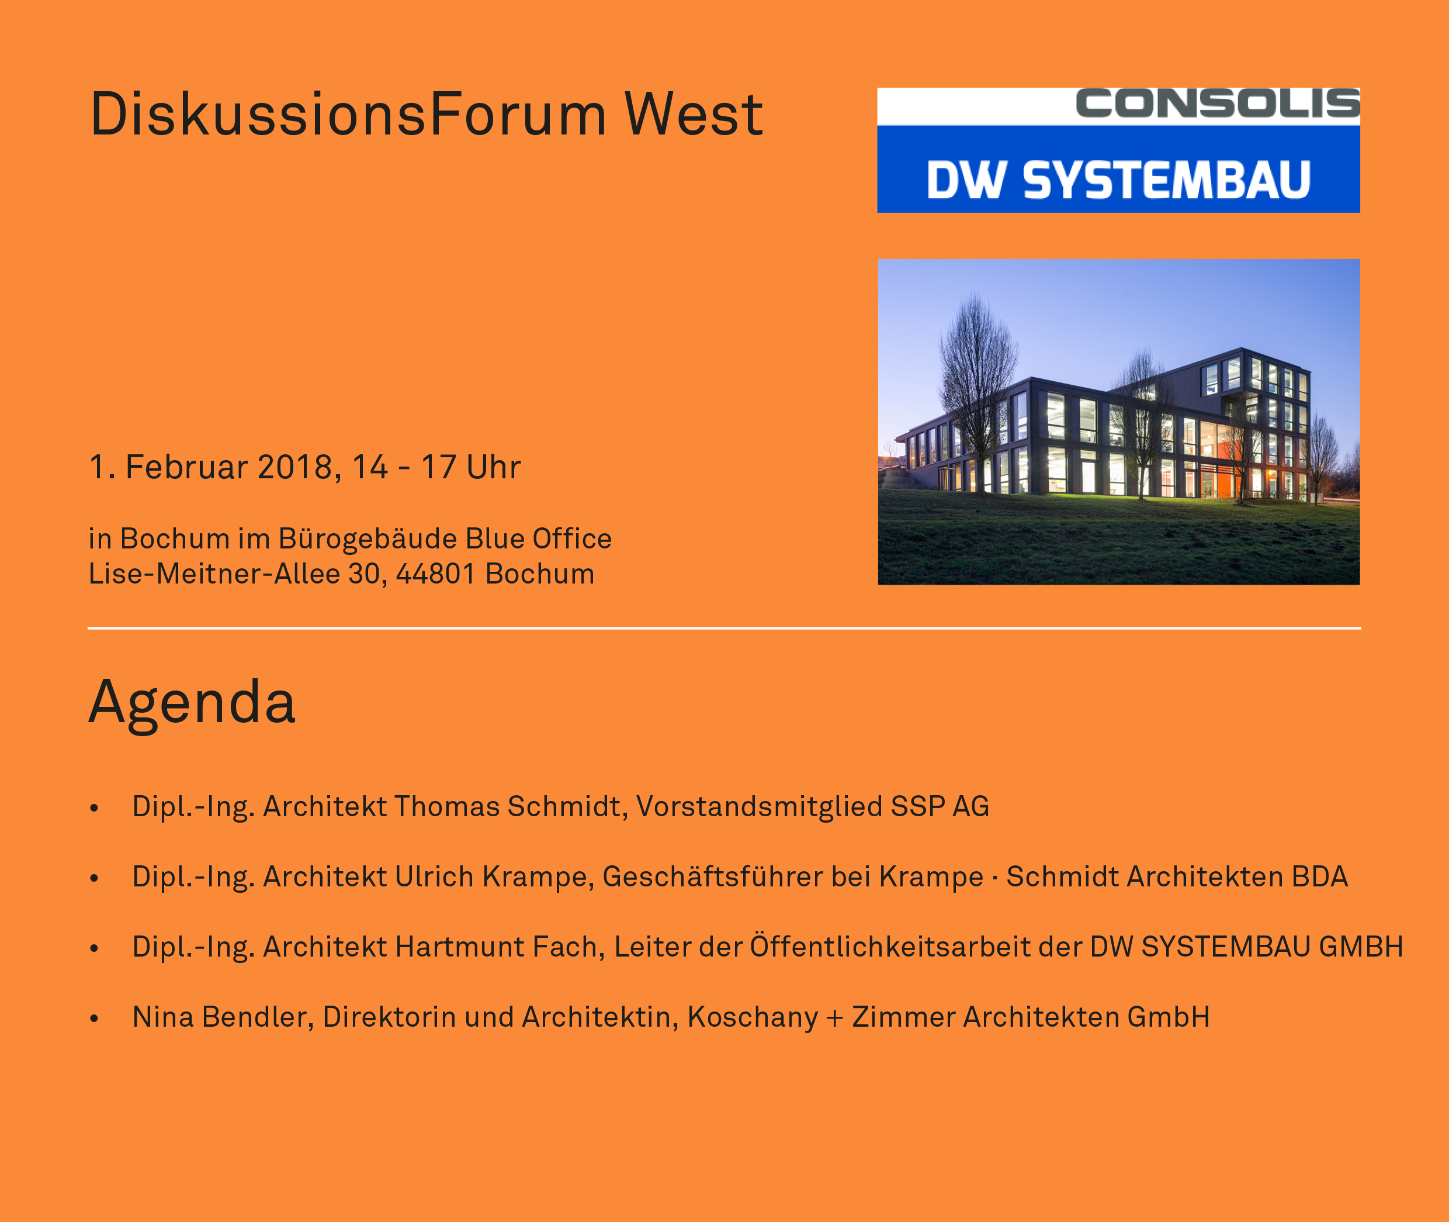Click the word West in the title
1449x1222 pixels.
(693, 114)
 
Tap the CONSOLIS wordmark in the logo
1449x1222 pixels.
(1218, 103)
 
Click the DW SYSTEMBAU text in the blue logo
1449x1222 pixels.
(1118, 180)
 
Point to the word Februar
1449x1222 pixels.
(186, 467)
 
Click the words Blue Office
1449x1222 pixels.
(539, 538)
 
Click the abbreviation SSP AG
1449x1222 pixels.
(940, 806)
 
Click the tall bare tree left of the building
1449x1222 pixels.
(977, 388)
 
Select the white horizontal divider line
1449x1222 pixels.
(724, 629)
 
